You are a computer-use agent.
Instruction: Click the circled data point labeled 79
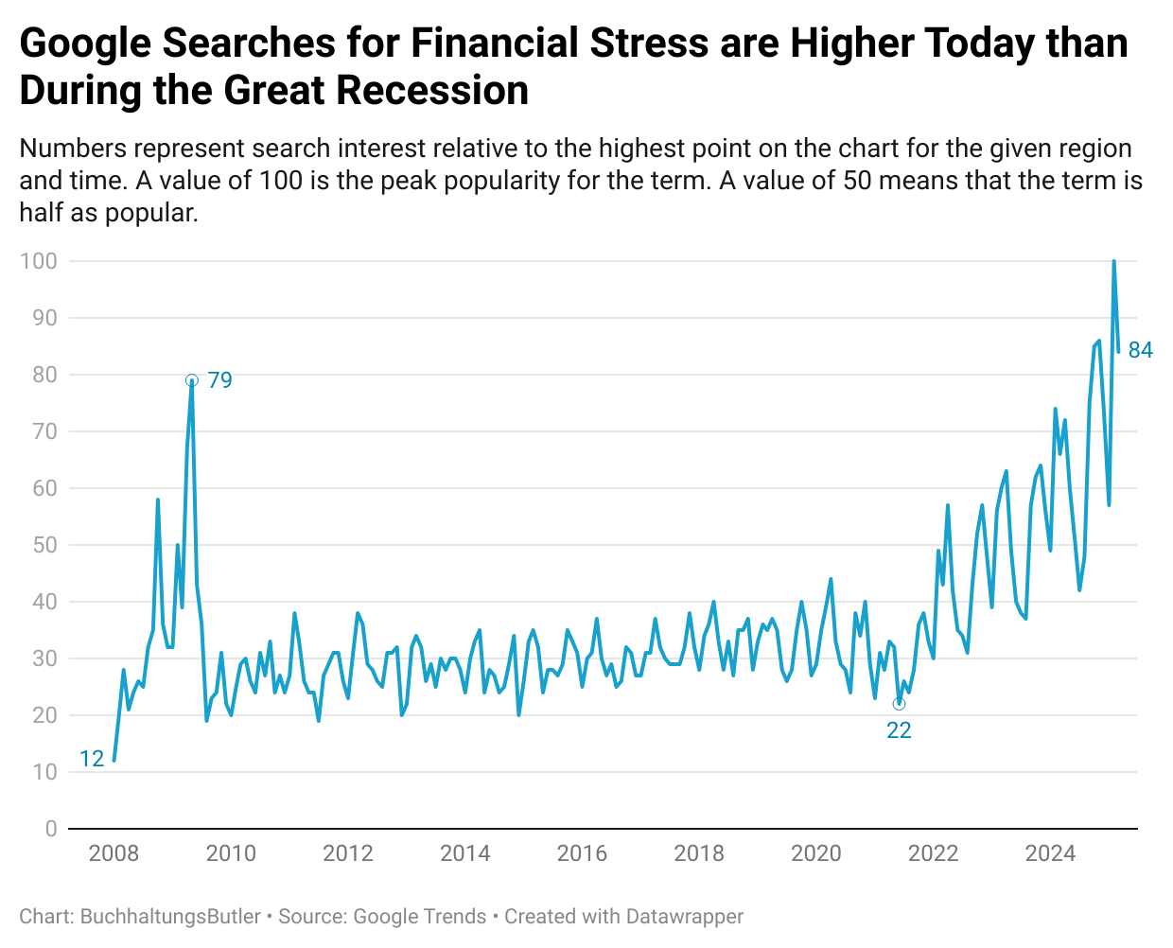192,380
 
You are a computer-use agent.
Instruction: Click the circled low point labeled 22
899,704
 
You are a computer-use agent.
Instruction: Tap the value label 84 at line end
1140,351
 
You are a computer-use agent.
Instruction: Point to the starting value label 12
92,759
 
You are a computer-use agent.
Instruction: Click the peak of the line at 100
1113,262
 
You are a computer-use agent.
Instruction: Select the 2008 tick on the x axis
114,853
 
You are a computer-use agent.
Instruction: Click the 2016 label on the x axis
582,853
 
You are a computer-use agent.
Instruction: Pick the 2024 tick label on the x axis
1050,853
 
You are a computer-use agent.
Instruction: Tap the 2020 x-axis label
815,853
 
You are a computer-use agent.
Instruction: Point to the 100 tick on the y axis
39,261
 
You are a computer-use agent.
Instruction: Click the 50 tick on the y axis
44,545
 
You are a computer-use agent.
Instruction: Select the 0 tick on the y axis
51,829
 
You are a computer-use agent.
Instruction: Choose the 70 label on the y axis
44,431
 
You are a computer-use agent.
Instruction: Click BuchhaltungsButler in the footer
170,917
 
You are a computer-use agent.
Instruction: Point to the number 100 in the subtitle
281,181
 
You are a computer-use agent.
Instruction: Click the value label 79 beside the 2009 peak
219,380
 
